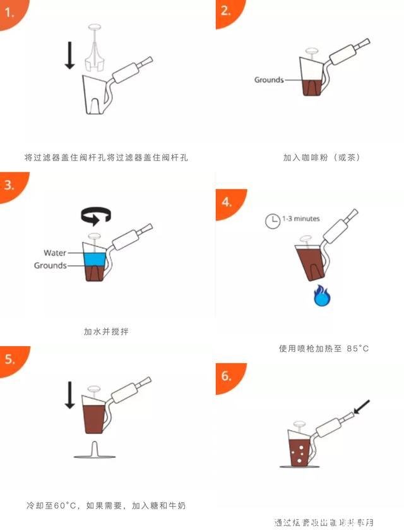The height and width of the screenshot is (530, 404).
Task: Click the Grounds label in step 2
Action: click(x=268, y=80)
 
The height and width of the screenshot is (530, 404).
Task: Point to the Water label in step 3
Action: click(x=55, y=253)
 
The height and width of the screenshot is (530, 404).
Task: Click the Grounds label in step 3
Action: click(x=50, y=265)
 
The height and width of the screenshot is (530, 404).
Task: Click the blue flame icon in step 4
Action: click(x=322, y=295)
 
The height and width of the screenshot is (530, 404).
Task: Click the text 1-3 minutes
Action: click(x=300, y=219)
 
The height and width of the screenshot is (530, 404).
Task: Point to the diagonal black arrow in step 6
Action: click(x=362, y=407)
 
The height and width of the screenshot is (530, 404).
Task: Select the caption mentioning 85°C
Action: click(x=323, y=348)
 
